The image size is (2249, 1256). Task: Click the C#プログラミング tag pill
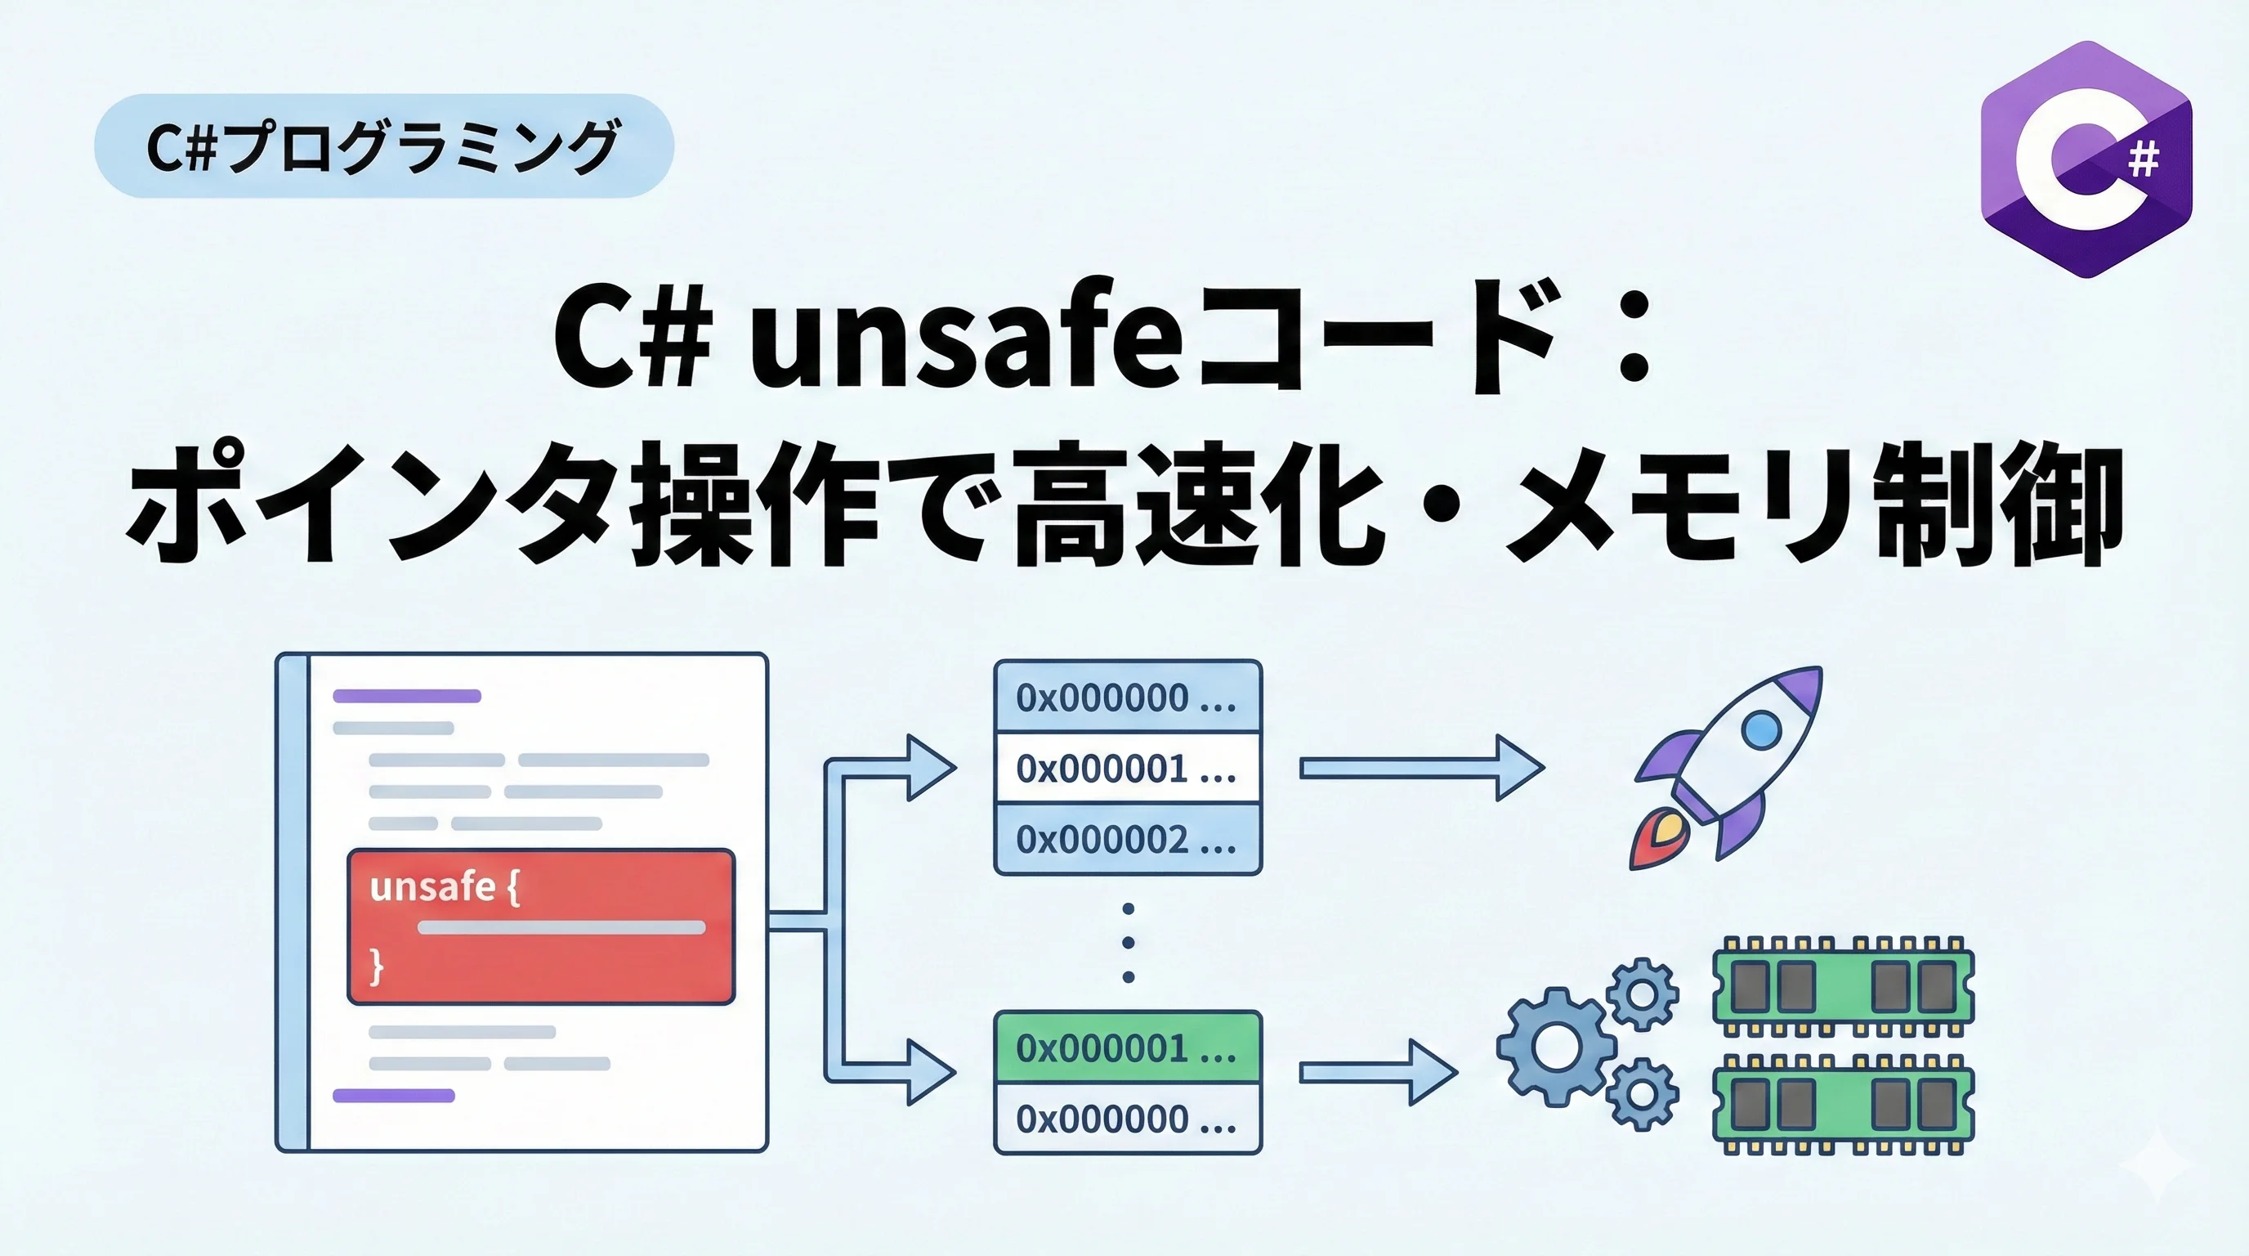pos(384,146)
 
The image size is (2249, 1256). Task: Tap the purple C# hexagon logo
pos(2086,159)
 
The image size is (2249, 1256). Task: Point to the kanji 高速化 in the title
pos(1197,507)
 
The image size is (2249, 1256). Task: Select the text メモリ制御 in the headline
pos(1815,507)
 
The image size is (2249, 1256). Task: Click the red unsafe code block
pos(541,926)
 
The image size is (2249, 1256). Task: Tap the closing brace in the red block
pos(376,967)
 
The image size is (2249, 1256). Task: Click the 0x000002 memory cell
pos(1127,839)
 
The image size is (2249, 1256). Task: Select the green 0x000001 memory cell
pos(1127,1047)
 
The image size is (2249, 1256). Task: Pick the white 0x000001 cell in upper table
pos(1127,769)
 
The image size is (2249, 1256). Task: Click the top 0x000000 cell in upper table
pos(1127,697)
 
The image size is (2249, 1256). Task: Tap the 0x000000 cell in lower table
pos(1127,1119)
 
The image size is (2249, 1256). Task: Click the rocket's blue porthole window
pos(1760,729)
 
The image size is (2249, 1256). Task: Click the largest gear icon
pos(1556,1047)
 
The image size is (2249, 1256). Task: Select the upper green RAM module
pos(1843,986)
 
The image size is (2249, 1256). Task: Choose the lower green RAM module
pos(1843,1104)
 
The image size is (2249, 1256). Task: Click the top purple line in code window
pos(407,696)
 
